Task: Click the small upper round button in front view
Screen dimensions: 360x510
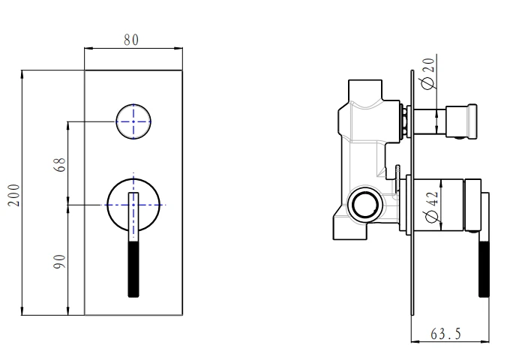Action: (133, 120)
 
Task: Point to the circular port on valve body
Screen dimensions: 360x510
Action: (363, 202)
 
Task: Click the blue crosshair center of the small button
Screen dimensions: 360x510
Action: (133, 120)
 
